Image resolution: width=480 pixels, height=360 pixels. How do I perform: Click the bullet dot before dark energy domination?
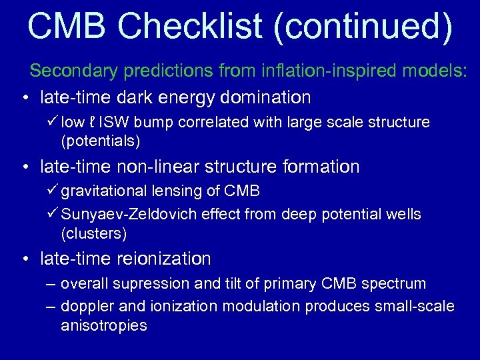click(24, 99)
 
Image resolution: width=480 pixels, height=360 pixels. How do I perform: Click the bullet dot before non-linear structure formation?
click(24, 167)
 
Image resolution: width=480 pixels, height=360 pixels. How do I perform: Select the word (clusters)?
click(93, 233)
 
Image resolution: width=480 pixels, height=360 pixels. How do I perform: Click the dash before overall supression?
click(51, 284)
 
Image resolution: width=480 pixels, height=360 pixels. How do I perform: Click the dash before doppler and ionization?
click(51, 307)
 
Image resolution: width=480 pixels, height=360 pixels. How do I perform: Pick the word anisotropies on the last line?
click(103, 325)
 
